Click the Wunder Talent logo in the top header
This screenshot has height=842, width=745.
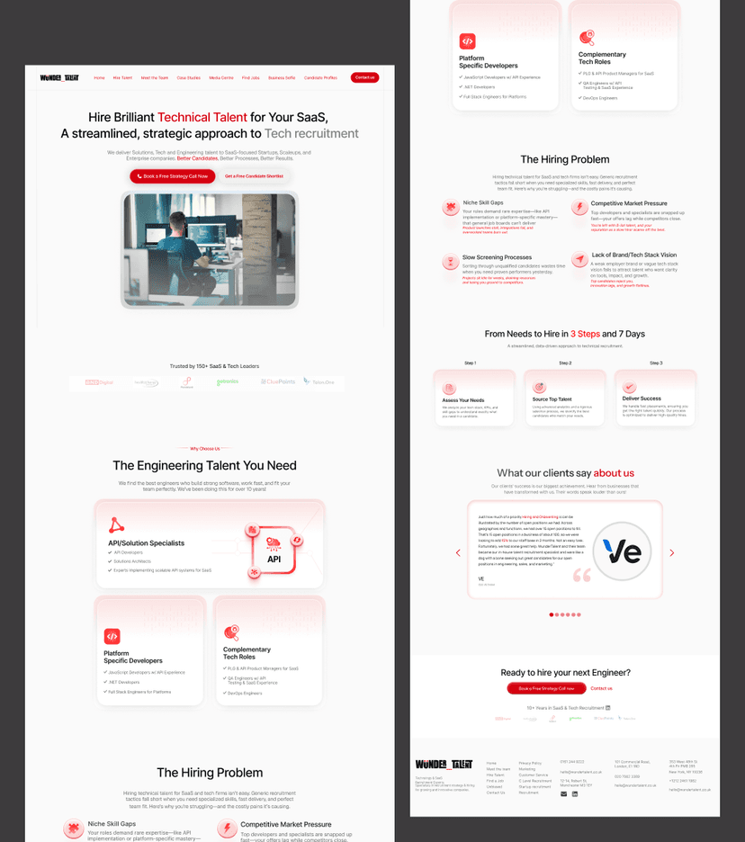pos(59,77)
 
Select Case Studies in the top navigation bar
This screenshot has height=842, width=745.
pos(188,77)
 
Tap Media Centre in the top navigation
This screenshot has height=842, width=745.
pos(221,77)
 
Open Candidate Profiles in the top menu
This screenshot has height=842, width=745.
pos(320,77)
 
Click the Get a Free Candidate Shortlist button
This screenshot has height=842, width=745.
pos(254,176)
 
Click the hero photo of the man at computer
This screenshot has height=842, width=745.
pos(209,249)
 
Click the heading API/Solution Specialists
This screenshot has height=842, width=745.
pos(146,543)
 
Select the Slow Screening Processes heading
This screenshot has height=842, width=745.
pos(497,257)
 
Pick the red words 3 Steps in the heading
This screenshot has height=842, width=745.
pos(585,334)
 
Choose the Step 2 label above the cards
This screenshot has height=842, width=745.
pos(564,363)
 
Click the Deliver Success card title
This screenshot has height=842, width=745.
pos(641,398)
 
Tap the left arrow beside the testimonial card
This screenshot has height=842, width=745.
pos(458,552)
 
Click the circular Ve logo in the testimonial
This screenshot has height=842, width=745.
pos(622,550)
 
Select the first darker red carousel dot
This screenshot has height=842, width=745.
pos(552,614)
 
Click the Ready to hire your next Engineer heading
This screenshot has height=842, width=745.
pos(565,672)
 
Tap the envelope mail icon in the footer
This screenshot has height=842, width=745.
pos(563,794)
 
